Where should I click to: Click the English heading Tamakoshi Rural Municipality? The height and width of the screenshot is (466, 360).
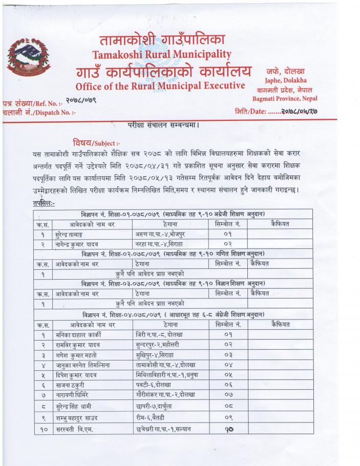click(161, 54)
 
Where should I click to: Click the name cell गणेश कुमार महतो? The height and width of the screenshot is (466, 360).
click(76, 357)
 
